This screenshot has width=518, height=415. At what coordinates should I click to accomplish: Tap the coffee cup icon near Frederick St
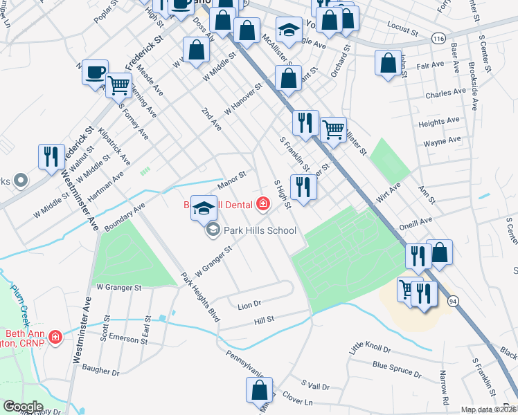(95, 72)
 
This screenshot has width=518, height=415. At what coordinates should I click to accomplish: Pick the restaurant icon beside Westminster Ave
(51, 157)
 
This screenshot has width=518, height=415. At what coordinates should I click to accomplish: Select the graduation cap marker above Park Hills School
(204, 208)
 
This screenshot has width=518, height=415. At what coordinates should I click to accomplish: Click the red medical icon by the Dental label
(262, 203)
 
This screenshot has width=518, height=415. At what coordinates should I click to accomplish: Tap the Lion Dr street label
(249, 304)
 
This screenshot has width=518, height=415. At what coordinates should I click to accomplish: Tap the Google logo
(23, 406)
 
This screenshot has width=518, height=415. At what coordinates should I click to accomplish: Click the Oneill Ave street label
(416, 225)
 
